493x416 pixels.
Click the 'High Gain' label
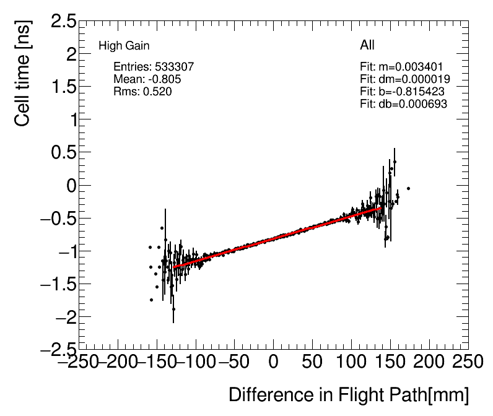124,46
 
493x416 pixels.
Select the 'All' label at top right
367,45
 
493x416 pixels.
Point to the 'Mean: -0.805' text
147,79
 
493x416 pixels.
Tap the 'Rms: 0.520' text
142,91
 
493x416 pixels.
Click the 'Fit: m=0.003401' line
401,66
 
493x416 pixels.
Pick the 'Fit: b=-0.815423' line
402,91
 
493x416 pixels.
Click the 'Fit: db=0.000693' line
403,103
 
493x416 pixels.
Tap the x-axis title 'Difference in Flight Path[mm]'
349,395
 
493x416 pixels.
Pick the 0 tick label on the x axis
274,361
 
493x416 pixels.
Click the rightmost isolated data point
408,188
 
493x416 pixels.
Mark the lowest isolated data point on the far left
151,300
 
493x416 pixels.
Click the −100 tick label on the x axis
196,361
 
